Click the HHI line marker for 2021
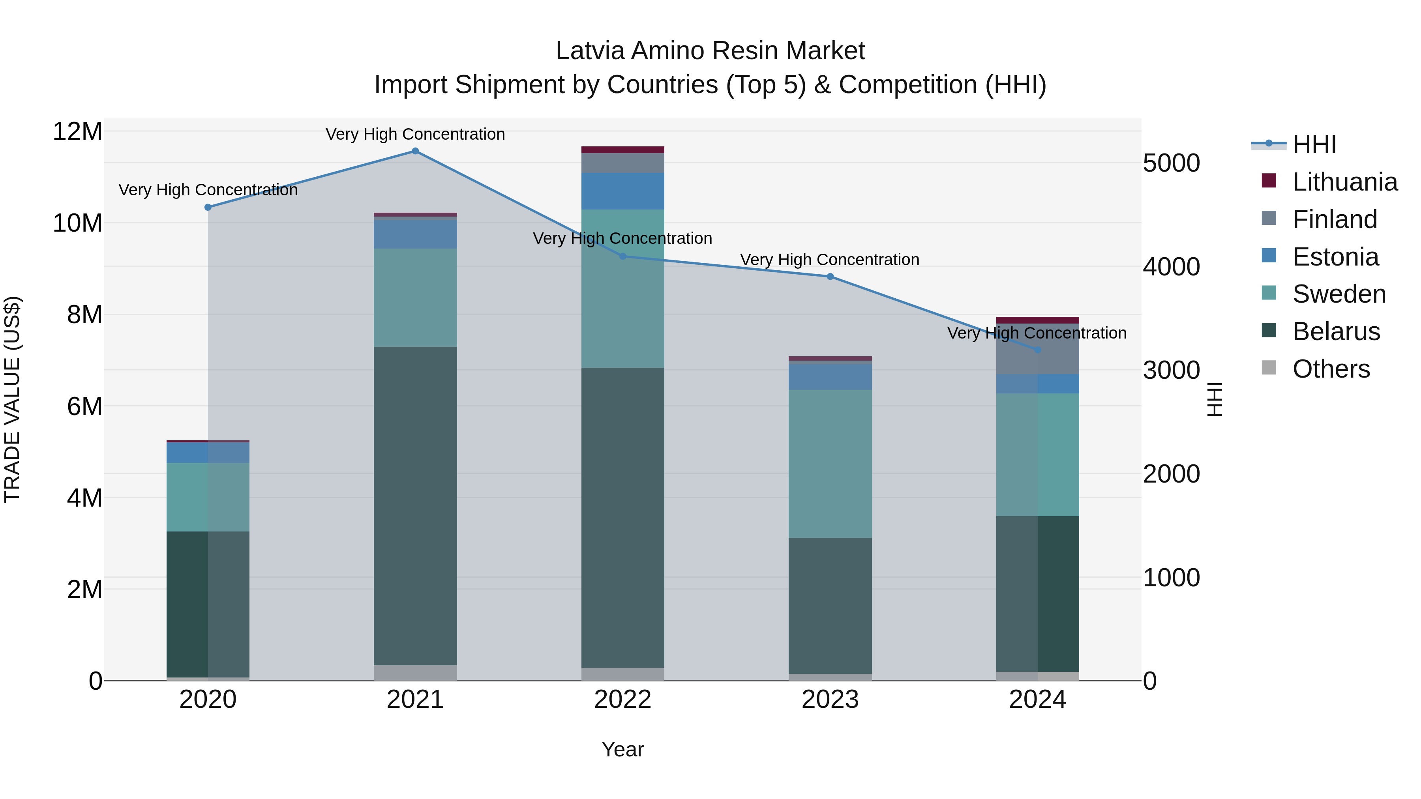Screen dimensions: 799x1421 point(415,151)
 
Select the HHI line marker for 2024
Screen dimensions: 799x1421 point(1037,350)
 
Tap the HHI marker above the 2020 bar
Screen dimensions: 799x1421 point(208,207)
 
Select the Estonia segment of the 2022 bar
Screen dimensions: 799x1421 point(623,191)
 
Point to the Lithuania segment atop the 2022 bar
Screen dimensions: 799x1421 point(623,150)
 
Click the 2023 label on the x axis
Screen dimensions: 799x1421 point(830,700)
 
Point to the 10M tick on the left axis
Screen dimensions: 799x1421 point(77,223)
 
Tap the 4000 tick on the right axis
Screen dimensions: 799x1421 point(1171,267)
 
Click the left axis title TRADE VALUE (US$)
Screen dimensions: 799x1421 point(12,399)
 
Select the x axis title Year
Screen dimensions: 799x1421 point(623,749)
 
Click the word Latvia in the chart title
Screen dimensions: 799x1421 point(590,51)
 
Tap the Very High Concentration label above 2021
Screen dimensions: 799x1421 point(415,134)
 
